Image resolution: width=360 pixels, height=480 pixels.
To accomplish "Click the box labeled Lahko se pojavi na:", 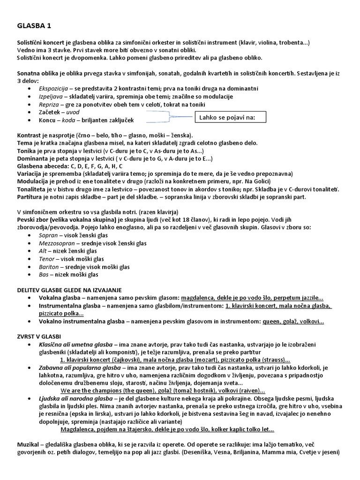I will coord(229,117).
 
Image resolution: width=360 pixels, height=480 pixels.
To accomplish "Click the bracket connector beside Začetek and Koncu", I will coord(169,117).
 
